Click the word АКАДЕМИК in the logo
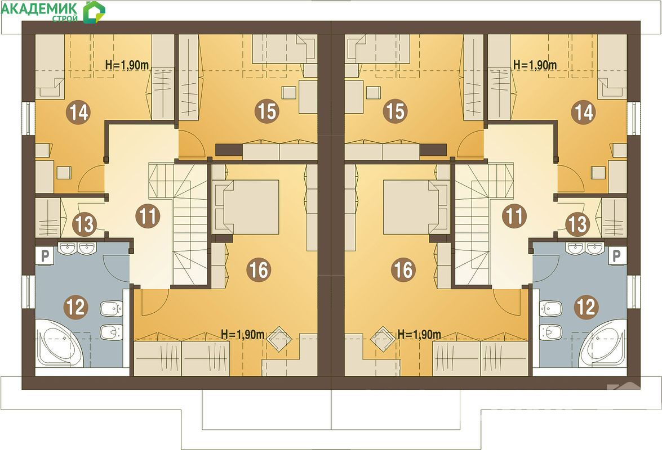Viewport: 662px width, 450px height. [x=39, y=8]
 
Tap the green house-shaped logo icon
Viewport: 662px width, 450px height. [x=94, y=12]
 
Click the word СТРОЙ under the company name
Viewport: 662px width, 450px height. [x=65, y=19]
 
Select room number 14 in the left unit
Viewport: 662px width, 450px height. [x=79, y=112]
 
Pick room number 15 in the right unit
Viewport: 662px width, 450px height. [x=395, y=111]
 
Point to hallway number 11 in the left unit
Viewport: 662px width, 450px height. [x=148, y=217]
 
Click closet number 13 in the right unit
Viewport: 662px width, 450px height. [x=577, y=224]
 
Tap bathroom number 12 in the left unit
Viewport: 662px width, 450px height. [x=75, y=307]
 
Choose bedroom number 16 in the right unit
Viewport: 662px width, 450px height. [x=403, y=269]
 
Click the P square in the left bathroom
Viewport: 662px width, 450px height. [x=45, y=256]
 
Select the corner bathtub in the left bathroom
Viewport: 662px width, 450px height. [x=59, y=343]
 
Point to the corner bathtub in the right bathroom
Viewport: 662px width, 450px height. [x=602, y=343]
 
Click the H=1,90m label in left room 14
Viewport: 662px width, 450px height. [x=127, y=65]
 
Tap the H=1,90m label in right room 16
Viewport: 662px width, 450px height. [x=419, y=335]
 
